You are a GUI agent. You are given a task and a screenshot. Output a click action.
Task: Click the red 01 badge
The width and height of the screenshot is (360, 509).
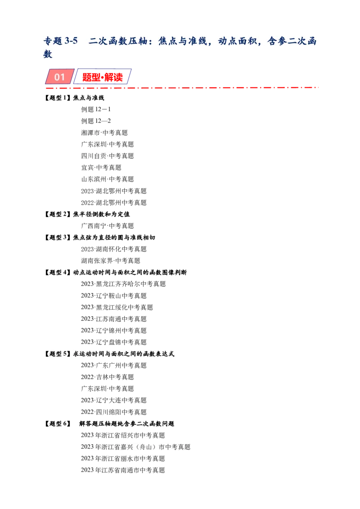click(x=59, y=76)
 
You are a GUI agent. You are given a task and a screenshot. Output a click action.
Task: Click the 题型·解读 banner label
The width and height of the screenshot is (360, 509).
click(x=102, y=77)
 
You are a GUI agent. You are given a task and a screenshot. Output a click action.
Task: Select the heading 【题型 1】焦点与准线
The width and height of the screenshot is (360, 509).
click(x=74, y=98)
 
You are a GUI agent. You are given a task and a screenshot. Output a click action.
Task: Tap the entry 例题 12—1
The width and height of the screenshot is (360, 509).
click(x=96, y=109)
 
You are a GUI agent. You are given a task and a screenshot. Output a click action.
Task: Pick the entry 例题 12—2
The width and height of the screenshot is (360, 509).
click(x=96, y=121)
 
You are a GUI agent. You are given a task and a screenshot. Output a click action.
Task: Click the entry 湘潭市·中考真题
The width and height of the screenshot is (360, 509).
click(x=104, y=133)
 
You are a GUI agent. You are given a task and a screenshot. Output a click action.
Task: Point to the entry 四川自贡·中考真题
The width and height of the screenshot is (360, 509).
click(x=107, y=156)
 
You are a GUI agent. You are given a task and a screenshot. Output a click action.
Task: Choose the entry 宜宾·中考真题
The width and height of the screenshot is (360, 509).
click(x=101, y=168)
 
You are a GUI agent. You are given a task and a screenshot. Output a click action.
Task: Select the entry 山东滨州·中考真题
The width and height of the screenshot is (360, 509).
click(x=107, y=179)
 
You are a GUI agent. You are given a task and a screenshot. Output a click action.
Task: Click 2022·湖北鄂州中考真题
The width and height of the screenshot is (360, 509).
click(x=114, y=202)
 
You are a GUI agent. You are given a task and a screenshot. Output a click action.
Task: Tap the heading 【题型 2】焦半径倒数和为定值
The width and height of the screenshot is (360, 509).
click(x=87, y=214)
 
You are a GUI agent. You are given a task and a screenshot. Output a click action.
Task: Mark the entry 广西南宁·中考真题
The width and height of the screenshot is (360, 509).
click(x=107, y=226)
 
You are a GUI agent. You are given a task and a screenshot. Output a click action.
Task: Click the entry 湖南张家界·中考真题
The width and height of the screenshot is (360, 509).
click(x=110, y=261)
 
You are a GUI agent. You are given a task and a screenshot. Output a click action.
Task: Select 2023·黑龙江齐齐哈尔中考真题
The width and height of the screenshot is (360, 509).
click(x=123, y=284)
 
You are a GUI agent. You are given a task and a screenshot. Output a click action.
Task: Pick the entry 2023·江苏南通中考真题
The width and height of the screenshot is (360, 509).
click(x=114, y=319)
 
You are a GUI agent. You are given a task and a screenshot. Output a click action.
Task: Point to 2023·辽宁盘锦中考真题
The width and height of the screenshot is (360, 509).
click(x=114, y=342)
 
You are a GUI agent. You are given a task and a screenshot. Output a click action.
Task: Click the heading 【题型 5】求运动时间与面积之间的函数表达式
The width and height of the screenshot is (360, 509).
click(x=109, y=354)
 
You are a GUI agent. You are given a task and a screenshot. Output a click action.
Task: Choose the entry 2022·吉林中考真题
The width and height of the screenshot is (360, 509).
click(x=107, y=377)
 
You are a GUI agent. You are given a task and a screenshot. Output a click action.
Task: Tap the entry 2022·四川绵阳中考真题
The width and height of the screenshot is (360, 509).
click(x=114, y=412)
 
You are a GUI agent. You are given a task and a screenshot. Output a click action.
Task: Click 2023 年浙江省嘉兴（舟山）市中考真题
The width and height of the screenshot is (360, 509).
click(x=135, y=447)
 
